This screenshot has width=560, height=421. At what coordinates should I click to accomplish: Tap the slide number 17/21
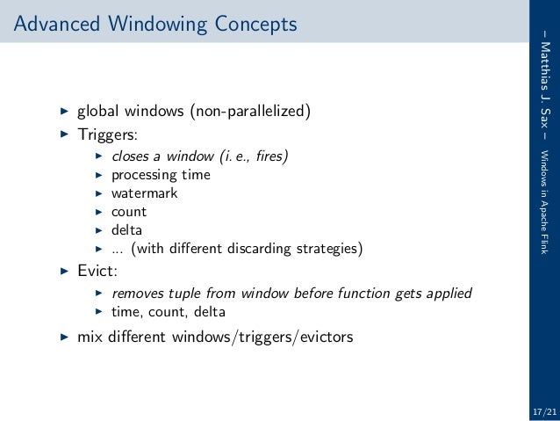click(x=543, y=411)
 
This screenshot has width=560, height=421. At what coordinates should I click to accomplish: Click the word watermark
click(x=144, y=192)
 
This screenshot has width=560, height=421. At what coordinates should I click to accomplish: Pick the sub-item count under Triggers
click(x=129, y=212)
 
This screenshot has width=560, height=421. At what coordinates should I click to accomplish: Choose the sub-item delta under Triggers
click(x=127, y=230)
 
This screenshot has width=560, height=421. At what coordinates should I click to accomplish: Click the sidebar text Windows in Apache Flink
click(x=545, y=198)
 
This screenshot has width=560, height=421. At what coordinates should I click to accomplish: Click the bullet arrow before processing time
click(x=99, y=174)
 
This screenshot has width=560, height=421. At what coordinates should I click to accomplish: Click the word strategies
click(x=324, y=249)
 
